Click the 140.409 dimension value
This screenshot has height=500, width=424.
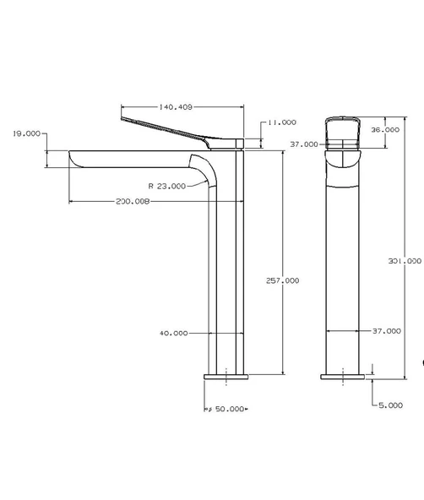[x=176, y=107]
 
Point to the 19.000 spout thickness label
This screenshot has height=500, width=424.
[x=25, y=133]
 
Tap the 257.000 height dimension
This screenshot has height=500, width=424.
[x=282, y=280]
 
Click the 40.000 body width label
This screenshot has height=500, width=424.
[x=173, y=333]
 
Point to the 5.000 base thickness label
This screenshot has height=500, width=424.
[x=390, y=405]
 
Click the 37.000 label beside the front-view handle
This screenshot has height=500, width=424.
[x=304, y=144]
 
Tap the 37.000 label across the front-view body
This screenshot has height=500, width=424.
[x=387, y=331]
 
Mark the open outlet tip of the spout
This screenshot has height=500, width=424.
[x=73, y=159]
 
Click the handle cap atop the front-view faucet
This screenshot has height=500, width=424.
[x=343, y=127]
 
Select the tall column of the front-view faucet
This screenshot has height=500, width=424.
[x=343, y=270]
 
